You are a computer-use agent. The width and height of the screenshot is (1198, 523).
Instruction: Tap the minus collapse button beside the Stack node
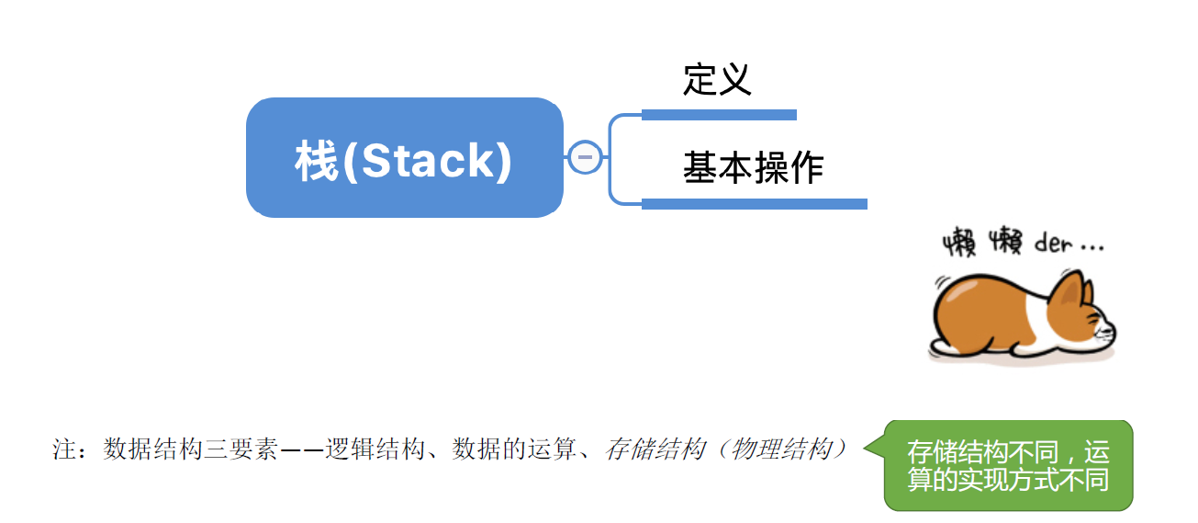[585, 157]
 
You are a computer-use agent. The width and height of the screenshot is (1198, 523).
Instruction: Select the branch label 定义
[717, 80]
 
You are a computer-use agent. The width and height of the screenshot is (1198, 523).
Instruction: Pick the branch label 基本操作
[753, 168]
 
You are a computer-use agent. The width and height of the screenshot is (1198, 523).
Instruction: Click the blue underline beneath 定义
[719, 115]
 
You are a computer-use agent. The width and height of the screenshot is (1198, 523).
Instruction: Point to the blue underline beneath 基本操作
[754, 203]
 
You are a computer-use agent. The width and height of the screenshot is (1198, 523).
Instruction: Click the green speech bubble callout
[1008, 465]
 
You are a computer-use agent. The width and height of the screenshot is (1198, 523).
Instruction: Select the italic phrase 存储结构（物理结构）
[725, 449]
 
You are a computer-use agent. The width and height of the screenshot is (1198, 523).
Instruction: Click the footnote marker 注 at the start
[63, 449]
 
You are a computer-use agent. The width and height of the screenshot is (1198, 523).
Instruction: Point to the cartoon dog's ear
[1069, 293]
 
